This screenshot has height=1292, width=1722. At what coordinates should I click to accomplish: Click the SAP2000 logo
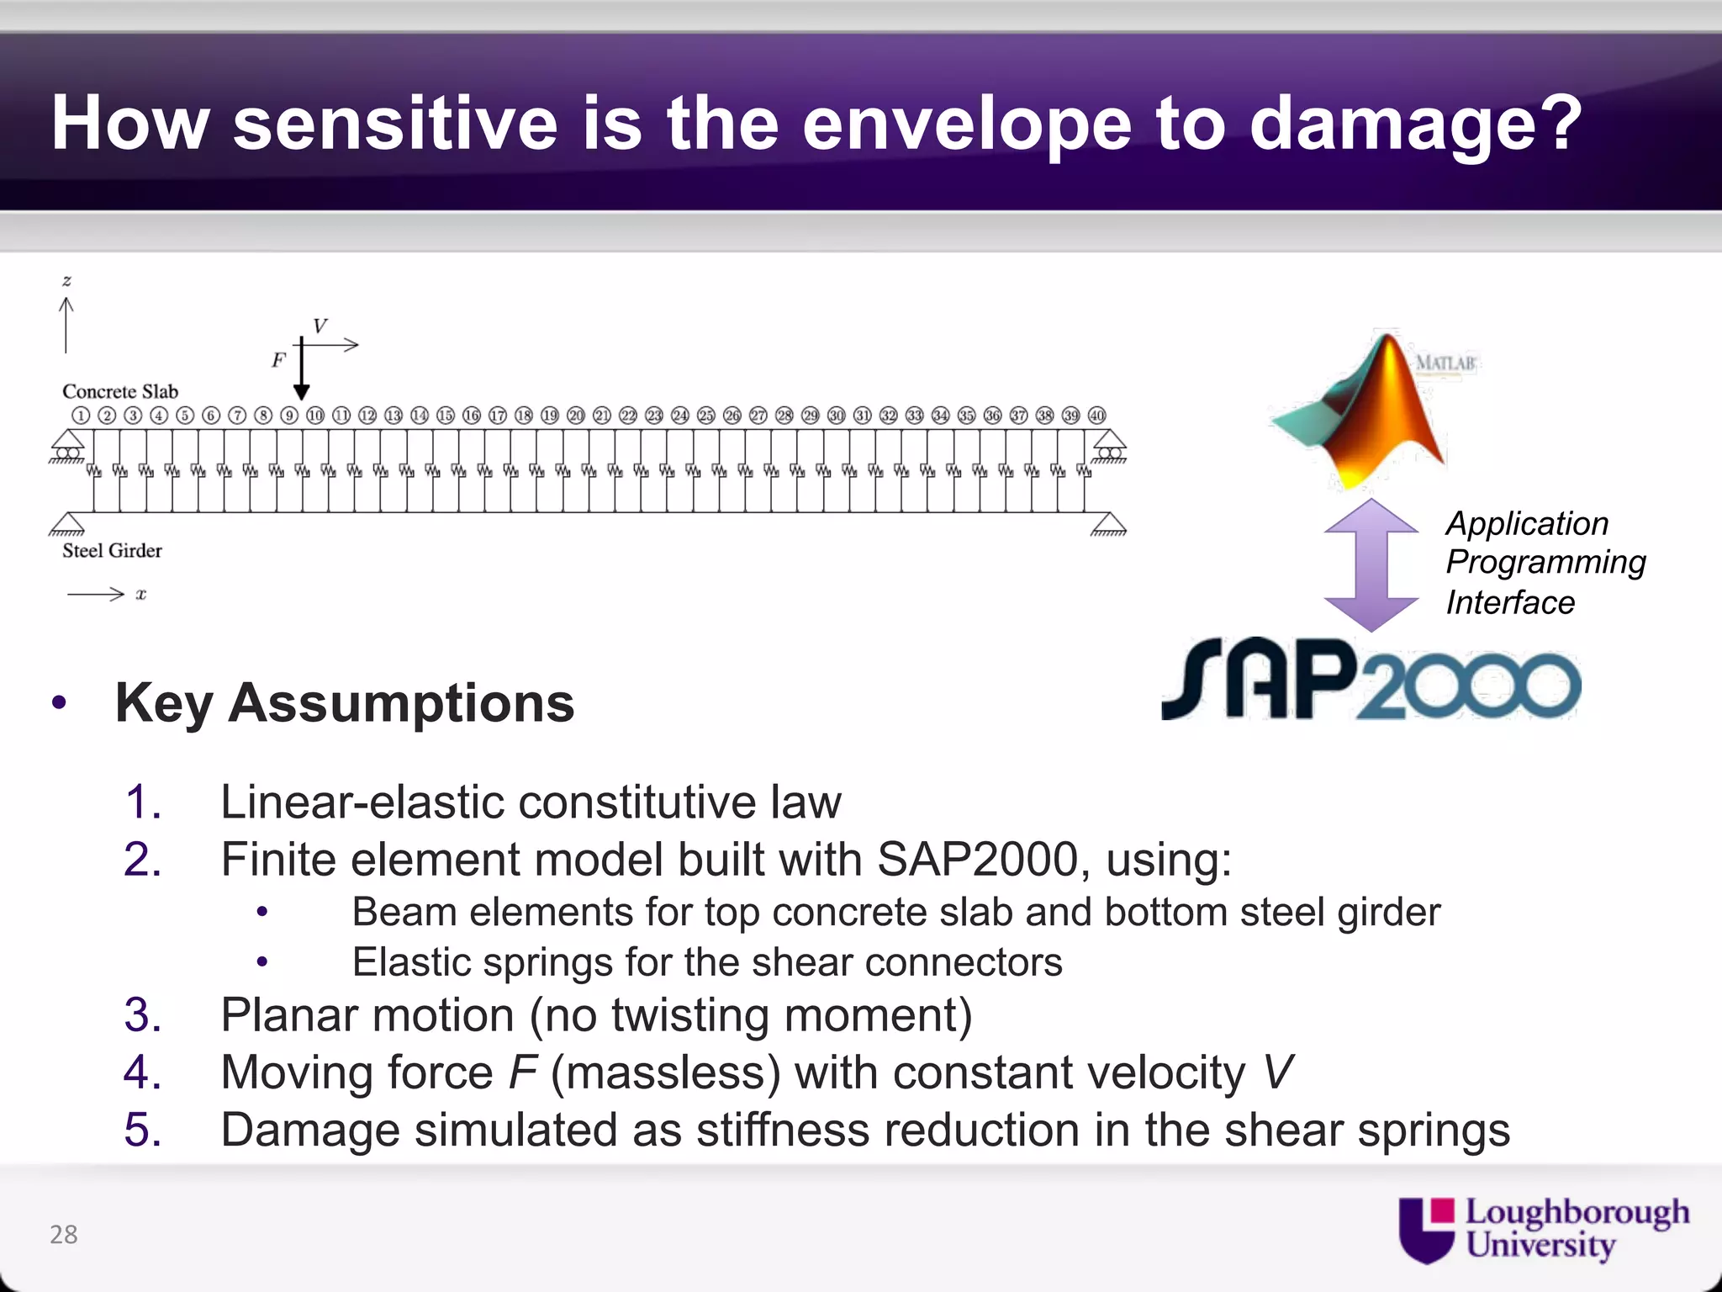(x=1371, y=680)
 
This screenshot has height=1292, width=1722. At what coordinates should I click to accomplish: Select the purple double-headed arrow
(x=1371, y=564)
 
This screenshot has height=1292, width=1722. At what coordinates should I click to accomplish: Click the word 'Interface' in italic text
(x=1510, y=602)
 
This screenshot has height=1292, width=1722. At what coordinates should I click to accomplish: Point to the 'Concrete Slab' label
(x=120, y=391)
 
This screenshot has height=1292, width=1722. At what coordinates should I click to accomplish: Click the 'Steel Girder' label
(x=112, y=550)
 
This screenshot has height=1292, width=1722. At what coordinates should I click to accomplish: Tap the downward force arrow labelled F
(x=302, y=370)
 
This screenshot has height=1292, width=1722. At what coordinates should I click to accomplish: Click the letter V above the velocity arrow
(x=320, y=326)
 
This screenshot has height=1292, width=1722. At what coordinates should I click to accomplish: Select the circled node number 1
(x=81, y=416)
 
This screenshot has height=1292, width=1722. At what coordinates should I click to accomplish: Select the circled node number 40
(x=1097, y=416)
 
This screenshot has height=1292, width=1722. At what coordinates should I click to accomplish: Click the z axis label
(x=66, y=281)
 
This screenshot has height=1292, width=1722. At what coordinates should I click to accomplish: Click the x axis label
(x=140, y=595)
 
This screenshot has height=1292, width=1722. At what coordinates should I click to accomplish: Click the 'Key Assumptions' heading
(x=345, y=702)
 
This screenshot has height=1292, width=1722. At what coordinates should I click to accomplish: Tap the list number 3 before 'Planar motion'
(x=142, y=1014)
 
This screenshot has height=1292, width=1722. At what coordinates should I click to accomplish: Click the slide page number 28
(x=64, y=1234)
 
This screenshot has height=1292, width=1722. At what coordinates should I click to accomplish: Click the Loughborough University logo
(x=1543, y=1229)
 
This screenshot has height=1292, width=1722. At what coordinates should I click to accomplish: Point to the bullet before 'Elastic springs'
(x=262, y=961)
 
